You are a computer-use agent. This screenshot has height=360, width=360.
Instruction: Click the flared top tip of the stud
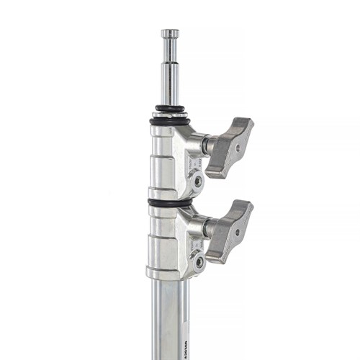[170, 32]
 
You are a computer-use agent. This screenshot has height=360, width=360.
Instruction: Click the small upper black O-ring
[170, 109]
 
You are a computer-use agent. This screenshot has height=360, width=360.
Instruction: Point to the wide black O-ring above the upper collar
[170, 121]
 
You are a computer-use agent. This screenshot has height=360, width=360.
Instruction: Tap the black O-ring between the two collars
[169, 202]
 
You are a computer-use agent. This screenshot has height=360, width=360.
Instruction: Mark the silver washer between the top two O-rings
[170, 114]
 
